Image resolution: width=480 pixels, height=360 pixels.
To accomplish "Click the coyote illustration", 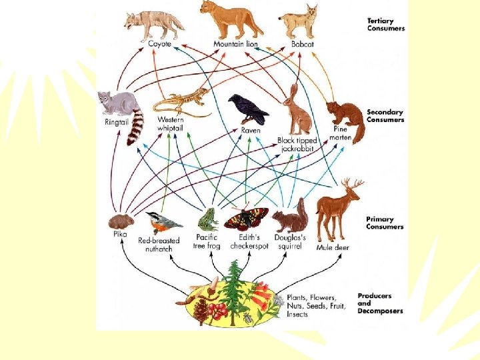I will (154, 24).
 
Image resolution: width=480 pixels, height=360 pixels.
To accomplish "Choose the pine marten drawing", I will (347, 119).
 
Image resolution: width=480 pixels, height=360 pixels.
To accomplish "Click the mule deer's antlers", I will (352, 184).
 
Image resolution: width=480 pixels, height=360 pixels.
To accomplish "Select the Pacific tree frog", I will (207, 219).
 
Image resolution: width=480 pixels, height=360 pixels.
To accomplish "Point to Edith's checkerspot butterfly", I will (246, 218).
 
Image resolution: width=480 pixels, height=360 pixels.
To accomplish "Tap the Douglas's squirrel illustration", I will (291, 217).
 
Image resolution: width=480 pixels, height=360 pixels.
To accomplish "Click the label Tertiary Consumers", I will (385, 25).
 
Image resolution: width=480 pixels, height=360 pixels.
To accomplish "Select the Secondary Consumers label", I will (385, 115).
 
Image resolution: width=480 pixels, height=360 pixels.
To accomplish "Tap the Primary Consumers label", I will (384, 223).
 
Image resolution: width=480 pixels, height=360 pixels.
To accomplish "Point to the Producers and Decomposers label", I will (380, 303).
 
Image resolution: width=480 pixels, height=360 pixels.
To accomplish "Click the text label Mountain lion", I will (235, 44).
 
